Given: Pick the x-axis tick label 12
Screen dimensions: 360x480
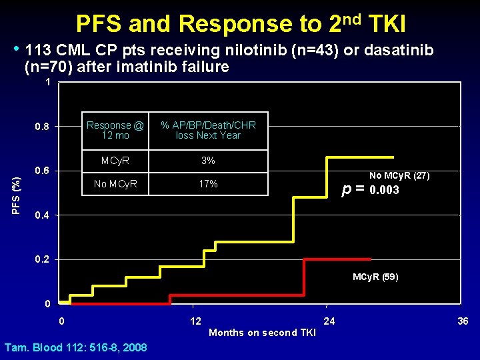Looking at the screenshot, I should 195,321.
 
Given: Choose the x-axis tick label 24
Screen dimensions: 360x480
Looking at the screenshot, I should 329,321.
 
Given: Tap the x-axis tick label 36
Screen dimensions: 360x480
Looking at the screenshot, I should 463,321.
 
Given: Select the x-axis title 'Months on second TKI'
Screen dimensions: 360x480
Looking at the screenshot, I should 262,333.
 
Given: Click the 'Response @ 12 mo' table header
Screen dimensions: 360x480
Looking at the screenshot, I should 115,130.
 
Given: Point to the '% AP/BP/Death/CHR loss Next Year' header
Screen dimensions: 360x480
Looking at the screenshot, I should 208,130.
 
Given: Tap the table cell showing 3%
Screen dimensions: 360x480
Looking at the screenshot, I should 208,161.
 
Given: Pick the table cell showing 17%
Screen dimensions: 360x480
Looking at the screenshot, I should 208,184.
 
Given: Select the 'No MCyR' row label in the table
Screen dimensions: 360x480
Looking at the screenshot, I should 115,184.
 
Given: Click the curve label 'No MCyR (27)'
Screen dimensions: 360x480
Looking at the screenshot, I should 399,176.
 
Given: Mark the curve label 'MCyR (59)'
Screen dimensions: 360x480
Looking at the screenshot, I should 375,277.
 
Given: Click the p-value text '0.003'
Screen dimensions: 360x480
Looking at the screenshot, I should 384,190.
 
